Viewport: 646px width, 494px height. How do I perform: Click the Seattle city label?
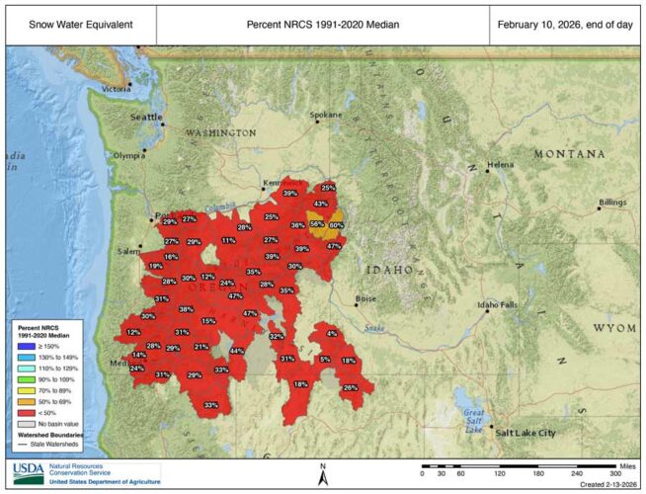pos(146,117)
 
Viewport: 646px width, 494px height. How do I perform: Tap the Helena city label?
pos(501,164)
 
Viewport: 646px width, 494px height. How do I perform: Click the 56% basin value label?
pos(317,224)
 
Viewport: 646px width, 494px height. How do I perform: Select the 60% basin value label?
pos(336,225)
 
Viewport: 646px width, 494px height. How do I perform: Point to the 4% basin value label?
pos(332,334)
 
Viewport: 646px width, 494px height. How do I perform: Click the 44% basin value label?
pos(236,351)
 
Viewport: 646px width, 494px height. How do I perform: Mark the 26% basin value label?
pos(350,388)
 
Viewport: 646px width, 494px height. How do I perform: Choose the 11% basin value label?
pos(228,240)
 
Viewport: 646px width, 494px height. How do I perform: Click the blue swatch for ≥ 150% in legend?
pos(23,348)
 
